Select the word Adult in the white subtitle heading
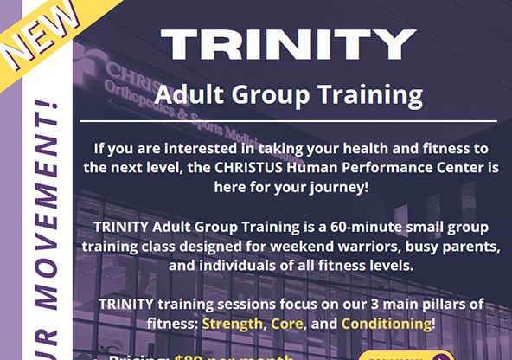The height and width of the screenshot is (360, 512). click(x=193, y=93)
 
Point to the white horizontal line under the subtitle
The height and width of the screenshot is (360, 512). click(x=288, y=120)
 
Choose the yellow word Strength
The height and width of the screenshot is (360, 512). click(x=231, y=323)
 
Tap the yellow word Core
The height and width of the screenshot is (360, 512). click(x=287, y=323)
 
